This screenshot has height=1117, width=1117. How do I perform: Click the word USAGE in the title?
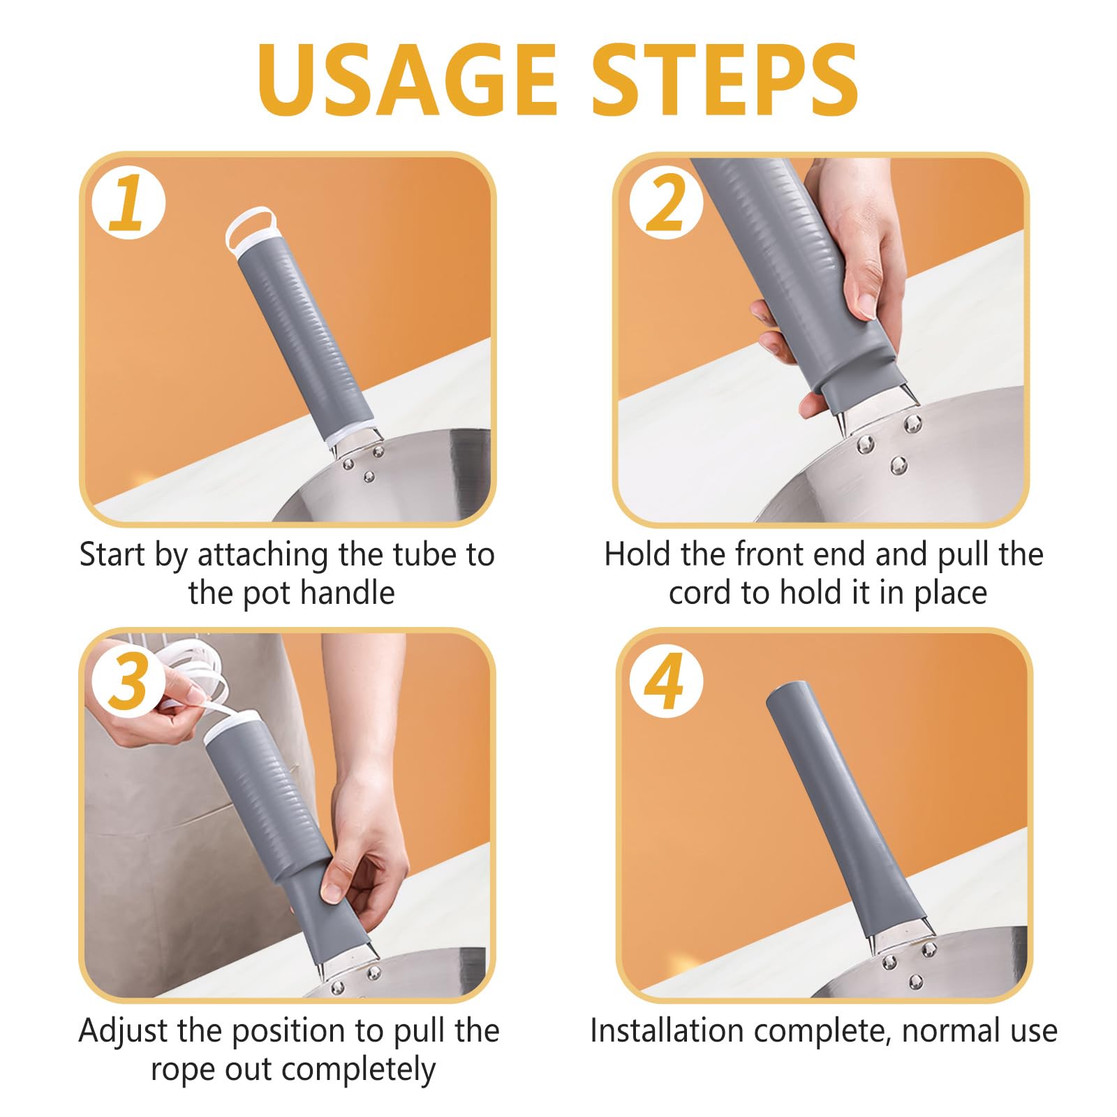pyautogui.click(x=407, y=80)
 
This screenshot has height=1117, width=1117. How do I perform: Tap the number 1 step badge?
pyautogui.click(x=129, y=203)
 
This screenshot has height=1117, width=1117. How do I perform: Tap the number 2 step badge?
pyautogui.click(x=666, y=202)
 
